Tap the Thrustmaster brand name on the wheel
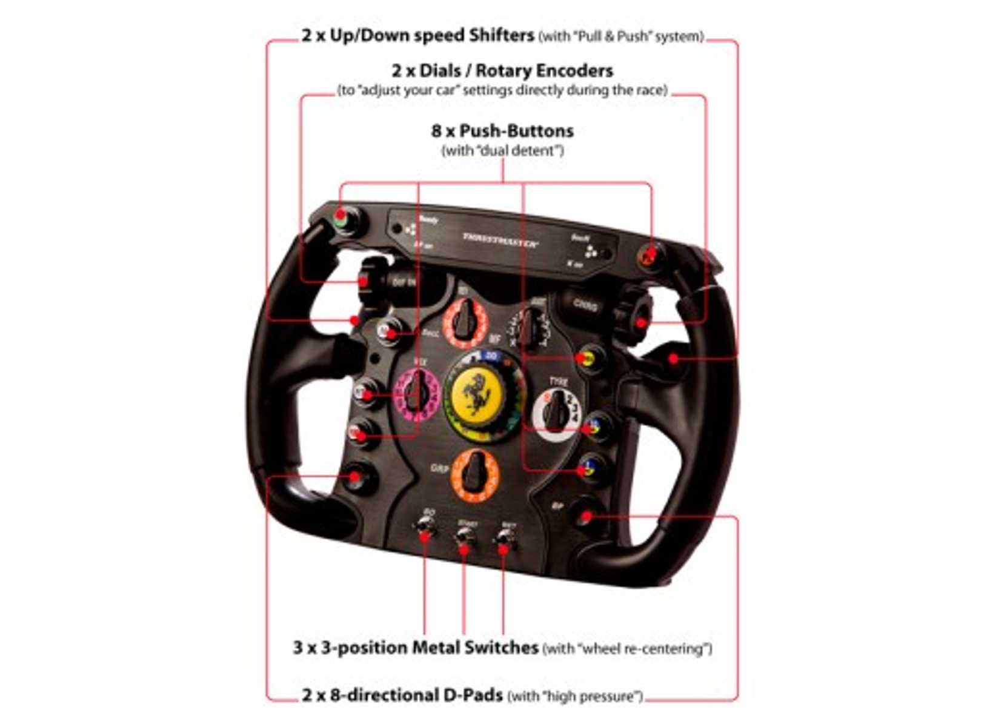click(x=500, y=239)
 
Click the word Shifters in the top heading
click(x=501, y=35)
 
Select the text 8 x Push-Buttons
click(x=502, y=131)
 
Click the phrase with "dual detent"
click(x=502, y=151)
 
